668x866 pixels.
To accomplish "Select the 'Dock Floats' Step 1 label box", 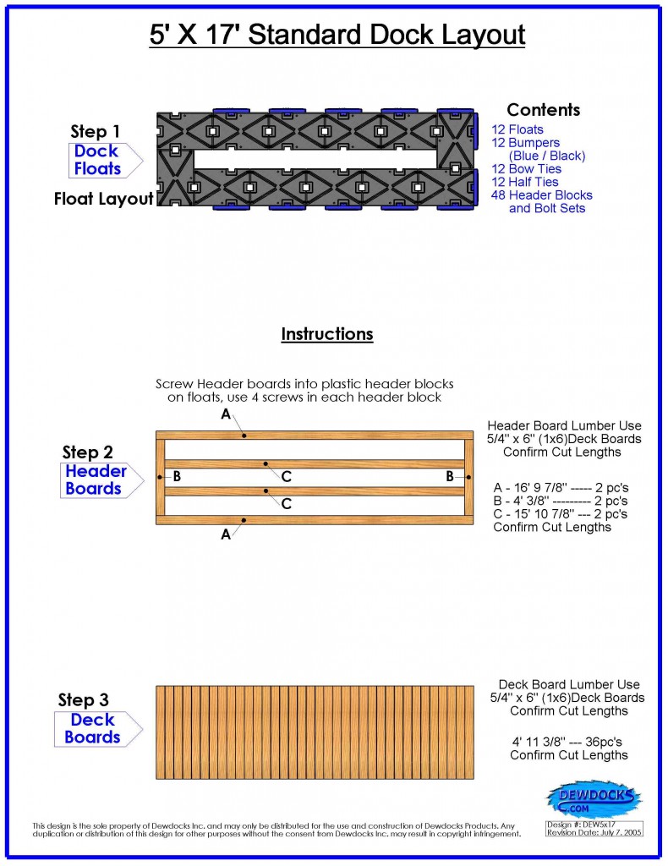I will (x=97, y=160).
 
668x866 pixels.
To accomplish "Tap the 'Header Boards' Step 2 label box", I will (x=96, y=480).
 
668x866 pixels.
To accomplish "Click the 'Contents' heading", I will (x=543, y=110).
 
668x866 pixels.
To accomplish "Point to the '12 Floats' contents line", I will (x=517, y=129).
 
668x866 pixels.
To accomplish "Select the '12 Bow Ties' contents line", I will (x=526, y=169).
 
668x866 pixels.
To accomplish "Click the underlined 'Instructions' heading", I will (x=326, y=334).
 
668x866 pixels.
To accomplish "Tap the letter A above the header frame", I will (x=226, y=414).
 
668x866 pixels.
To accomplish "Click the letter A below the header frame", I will (x=226, y=534).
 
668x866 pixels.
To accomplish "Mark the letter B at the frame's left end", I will (x=177, y=477).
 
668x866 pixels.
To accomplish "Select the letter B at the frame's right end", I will (x=450, y=477).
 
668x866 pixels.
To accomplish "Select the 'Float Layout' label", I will (x=104, y=200).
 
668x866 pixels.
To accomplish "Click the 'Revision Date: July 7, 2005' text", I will (x=594, y=833).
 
